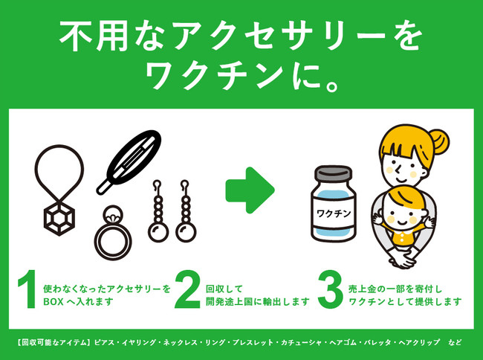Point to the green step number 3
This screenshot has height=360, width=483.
pos(330,292)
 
